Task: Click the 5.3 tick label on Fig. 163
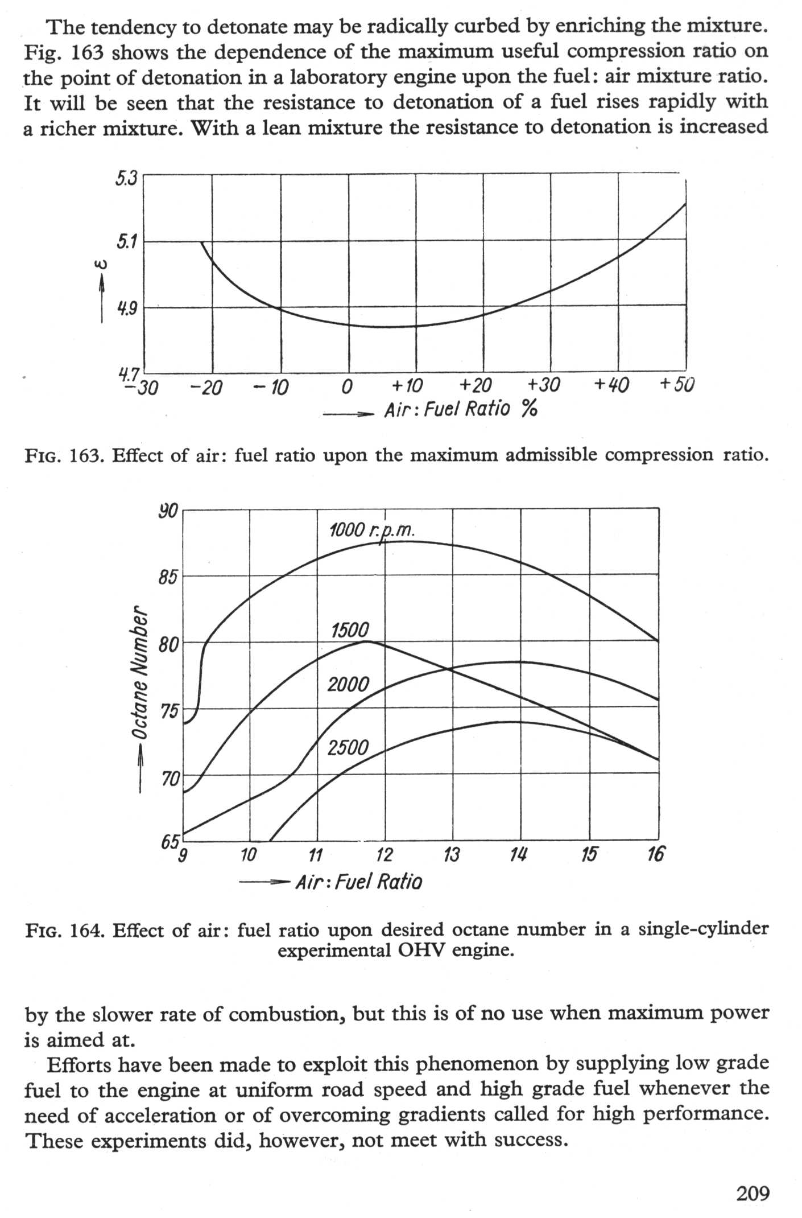coord(126,179)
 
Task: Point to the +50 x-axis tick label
coord(677,385)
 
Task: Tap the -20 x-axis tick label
coord(206,388)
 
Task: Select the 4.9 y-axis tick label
coord(127,309)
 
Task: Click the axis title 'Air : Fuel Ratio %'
coord(461,409)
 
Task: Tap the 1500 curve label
coord(350,630)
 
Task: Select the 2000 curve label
coord(348,684)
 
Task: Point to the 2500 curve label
coord(348,747)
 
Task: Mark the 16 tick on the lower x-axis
coord(656,854)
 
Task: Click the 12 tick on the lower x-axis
coord(385,855)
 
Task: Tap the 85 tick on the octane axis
coord(168,577)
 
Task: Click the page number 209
coord(753,1192)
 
